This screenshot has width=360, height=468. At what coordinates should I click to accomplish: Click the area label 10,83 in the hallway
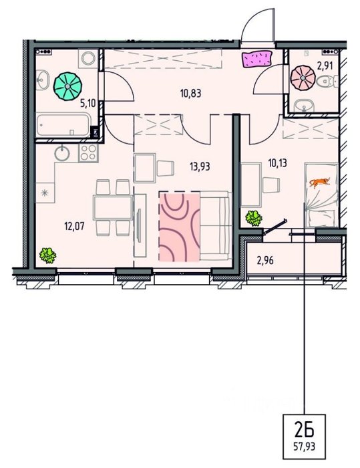tap(191, 94)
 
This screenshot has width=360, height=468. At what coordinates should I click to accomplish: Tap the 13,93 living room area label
tap(200, 166)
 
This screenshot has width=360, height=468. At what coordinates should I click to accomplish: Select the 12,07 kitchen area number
tap(75, 226)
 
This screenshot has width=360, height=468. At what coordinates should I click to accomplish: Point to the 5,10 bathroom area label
tap(87, 104)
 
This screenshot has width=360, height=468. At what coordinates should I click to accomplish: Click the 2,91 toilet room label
tap(325, 66)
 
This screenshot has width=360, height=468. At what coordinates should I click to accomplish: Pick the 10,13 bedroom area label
tap(277, 163)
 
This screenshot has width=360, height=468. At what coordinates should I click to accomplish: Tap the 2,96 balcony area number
tap(265, 261)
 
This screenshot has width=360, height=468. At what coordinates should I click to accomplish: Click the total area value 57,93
tap(304, 447)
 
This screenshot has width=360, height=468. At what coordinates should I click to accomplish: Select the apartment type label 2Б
tap(304, 431)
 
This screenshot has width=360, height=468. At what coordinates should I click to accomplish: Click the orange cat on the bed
tap(320, 183)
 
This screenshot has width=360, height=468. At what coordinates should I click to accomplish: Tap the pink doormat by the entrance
tap(257, 59)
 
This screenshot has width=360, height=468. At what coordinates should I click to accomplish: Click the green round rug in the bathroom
tap(67, 86)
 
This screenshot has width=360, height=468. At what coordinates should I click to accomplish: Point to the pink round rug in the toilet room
tap(303, 78)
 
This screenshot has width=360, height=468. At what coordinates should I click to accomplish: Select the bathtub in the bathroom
tap(63, 124)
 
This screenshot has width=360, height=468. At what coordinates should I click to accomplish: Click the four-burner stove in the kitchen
tap(88, 153)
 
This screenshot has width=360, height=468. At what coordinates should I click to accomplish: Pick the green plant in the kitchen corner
tap(47, 255)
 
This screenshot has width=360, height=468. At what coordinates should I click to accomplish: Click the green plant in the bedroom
tap(254, 218)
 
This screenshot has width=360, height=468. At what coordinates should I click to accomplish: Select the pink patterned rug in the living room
tap(180, 227)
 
